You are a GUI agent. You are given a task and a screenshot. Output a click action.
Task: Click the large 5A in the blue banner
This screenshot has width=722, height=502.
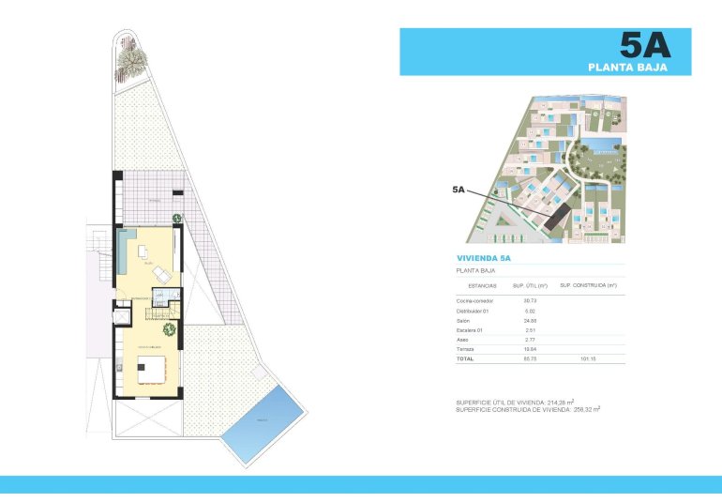pos(645,45)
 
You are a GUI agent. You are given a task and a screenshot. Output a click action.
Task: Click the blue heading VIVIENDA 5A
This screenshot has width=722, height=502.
pos(484,257)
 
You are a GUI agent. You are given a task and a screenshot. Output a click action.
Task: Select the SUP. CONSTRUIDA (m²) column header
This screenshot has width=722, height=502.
pos(588,285)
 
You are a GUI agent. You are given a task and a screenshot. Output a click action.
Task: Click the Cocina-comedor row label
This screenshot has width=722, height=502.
pos(475,300)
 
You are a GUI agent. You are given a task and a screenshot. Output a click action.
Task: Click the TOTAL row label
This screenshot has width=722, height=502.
pos(466,358)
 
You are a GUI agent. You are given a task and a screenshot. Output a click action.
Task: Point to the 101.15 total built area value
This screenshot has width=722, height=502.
pos(588,358)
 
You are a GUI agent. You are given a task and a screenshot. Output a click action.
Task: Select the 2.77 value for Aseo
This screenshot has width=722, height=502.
pos(529,340)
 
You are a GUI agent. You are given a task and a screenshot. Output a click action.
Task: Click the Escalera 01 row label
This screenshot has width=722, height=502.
pos(472,329)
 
